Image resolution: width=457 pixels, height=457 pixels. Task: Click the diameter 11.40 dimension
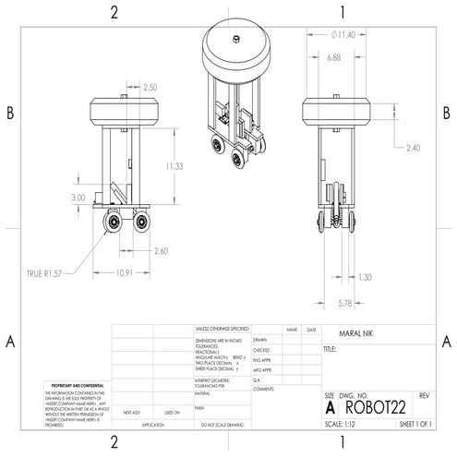pyautogui.click(x=343, y=34)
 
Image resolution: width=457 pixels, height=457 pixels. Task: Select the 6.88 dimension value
pyautogui.click(x=333, y=57)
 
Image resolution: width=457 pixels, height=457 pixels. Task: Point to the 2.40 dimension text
pyautogui.click(x=413, y=147)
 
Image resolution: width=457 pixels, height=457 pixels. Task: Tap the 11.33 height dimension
pyautogui.click(x=174, y=167)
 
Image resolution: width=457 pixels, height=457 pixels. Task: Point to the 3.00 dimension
pyautogui.click(x=78, y=198)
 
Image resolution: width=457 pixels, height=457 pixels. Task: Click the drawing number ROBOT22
pyautogui.click(x=379, y=406)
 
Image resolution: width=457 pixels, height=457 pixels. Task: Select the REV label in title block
pyautogui.click(x=426, y=395)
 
